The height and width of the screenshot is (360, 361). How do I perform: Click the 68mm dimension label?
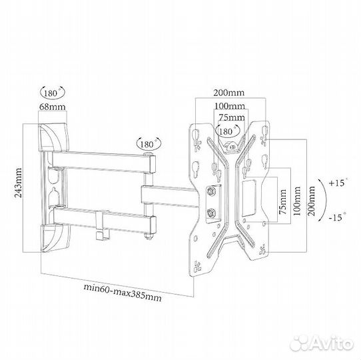[52, 107]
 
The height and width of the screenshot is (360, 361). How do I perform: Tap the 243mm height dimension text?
[18, 183]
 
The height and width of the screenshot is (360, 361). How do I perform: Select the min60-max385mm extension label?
[123, 293]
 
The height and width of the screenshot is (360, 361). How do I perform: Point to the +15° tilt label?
[338, 183]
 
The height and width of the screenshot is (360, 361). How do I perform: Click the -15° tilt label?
[338, 217]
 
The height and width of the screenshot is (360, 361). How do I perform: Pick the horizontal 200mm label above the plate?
[228, 93]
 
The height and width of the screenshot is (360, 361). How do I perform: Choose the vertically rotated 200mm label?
[311, 201]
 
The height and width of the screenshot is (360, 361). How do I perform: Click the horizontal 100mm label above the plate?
[230, 106]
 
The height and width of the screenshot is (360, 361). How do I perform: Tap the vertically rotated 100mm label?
[297, 201]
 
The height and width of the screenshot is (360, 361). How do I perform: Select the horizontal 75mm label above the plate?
[232, 117]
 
